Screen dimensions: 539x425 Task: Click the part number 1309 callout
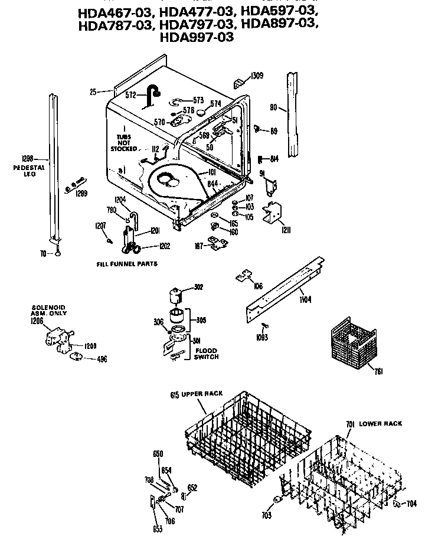(x=257, y=76)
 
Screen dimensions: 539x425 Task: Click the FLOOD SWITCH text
(x=206, y=354)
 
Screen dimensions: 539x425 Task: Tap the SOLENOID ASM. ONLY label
(x=48, y=311)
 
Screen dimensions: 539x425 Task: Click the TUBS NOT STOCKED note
(x=124, y=142)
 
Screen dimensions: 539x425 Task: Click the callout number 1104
(x=306, y=299)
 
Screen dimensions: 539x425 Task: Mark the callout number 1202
(x=165, y=247)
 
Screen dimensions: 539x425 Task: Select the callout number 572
(x=130, y=94)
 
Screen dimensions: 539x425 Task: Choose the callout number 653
(x=158, y=529)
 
